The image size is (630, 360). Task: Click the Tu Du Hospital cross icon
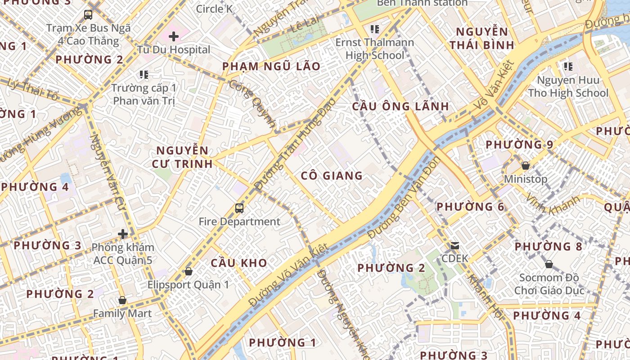point(174,36)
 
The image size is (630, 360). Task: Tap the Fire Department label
point(239,221)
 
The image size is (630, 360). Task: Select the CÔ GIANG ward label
point(332,175)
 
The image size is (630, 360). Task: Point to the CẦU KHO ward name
point(239,263)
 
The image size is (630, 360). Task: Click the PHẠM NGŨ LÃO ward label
point(271,67)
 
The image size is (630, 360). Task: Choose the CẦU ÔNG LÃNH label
point(400,107)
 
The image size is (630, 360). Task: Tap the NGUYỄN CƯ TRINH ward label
point(182,157)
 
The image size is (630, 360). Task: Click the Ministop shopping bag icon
point(525,166)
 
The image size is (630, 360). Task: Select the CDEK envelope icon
point(455,246)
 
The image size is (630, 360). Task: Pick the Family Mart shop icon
point(122,300)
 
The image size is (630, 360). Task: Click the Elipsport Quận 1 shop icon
point(189,271)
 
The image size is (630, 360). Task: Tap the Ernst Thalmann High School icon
point(374,29)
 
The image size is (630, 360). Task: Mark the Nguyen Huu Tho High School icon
point(568,67)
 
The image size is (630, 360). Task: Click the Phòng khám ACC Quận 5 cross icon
point(123,234)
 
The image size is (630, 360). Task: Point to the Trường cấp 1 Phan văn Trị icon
point(144,74)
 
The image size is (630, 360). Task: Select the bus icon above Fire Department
point(239,208)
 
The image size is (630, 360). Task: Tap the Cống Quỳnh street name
point(252,103)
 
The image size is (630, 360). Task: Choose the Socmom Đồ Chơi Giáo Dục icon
point(549,264)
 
